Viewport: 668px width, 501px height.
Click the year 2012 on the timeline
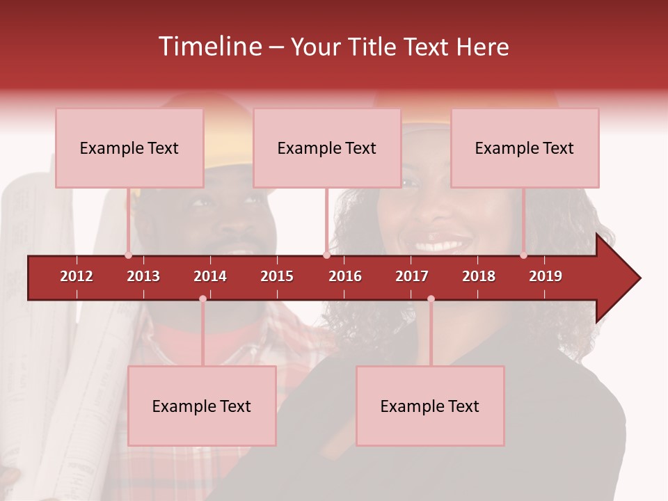[77, 276]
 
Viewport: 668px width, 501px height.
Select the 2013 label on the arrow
[143, 276]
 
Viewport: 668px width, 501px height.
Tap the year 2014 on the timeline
[210, 276]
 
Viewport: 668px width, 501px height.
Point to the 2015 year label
[277, 276]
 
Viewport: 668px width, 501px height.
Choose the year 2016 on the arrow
[345, 276]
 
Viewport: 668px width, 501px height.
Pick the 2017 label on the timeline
[412, 276]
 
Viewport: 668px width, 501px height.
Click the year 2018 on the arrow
[479, 276]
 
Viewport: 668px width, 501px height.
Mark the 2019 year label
[546, 276]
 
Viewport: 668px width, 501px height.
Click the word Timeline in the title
[209, 47]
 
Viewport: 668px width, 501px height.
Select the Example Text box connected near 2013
[129, 148]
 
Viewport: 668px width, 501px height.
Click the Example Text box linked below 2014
[202, 406]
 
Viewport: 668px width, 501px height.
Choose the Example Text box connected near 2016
[327, 148]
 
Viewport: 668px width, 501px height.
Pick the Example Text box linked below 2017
[430, 406]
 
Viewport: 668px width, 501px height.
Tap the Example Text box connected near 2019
[525, 148]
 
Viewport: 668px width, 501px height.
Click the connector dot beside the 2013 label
[128, 255]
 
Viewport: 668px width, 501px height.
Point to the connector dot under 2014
[202, 299]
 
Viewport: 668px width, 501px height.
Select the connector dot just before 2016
[326, 255]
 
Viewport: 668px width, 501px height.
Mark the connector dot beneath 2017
[431, 299]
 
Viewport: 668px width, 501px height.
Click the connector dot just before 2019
[523, 255]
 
